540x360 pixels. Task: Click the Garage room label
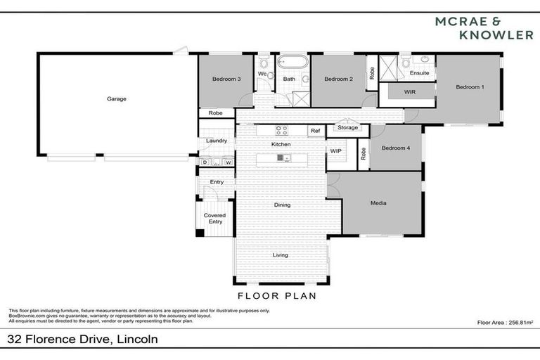pyautogui.click(x=117, y=99)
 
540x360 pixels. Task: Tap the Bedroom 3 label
pyautogui.click(x=226, y=79)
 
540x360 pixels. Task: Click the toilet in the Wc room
pyautogui.click(x=269, y=75)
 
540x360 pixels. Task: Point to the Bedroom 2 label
pyautogui.click(x=337, y=79)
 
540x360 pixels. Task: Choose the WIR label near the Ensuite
pyautogui.click(x=409, y=93)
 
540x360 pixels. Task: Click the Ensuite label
pyautogui.click(x=420, y=72)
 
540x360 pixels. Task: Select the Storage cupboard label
pyautogui.click(x=347, y=127)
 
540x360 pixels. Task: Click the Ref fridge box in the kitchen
pyautogui.click(x=315, y=131)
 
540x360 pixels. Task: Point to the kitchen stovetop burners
pyautogui.click(x=281, y=130)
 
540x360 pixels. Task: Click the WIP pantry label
pyautogui.click(x=335, y=150)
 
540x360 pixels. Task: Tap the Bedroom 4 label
pyautogui.click(x=394, y=148)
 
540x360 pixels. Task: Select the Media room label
pyautogui.click(x=378, y=204)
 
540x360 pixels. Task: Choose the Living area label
pyautogui.click(x=281, y=255)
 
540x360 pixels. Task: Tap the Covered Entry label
pyautogui.click(x=214, y=219)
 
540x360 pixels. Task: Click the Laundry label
pyautogui.click(x=216, y=141)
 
